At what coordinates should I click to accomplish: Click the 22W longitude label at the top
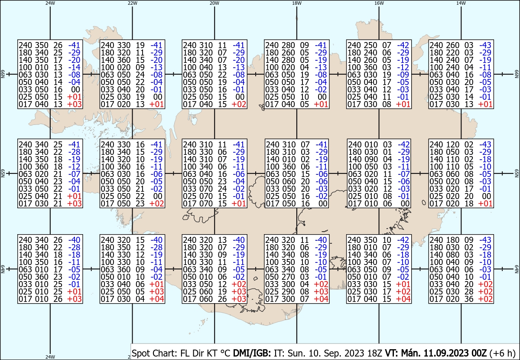pos(132,3)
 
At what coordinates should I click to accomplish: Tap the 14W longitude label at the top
pos(461,3)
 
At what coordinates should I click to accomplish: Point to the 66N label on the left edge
pos(3,74)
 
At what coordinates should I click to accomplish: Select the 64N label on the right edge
pos(517,269)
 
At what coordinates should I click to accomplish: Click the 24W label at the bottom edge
pos(50,357)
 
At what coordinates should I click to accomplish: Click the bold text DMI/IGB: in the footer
pos(252,353)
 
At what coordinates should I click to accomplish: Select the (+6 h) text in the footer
pos(502,353)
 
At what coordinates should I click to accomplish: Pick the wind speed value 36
pos(469,299)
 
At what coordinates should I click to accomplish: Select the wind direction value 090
pos(371,160)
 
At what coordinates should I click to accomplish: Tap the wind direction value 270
pos(288,277)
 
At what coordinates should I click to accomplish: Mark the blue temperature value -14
pos(74,67)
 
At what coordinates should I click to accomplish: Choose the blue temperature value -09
pos(403,75)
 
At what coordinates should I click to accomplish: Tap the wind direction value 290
pos(288,291)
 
